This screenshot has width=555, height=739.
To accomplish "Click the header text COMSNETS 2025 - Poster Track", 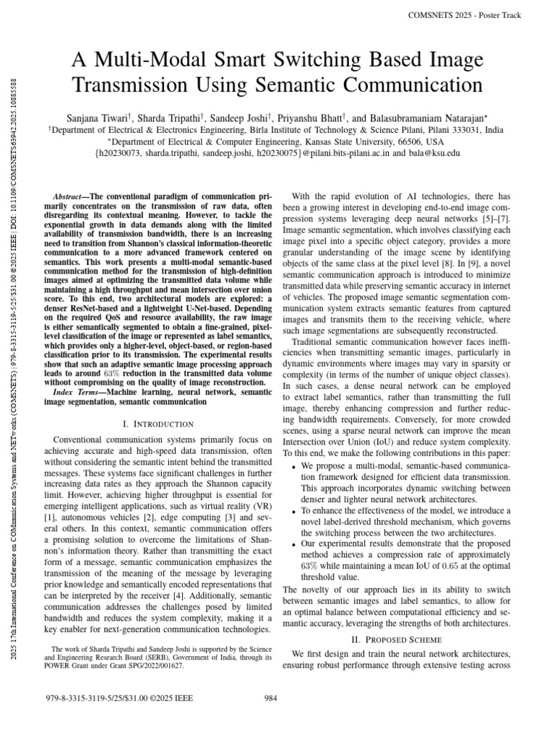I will pos(470,14).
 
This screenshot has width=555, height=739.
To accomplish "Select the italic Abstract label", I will pos(71,197).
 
